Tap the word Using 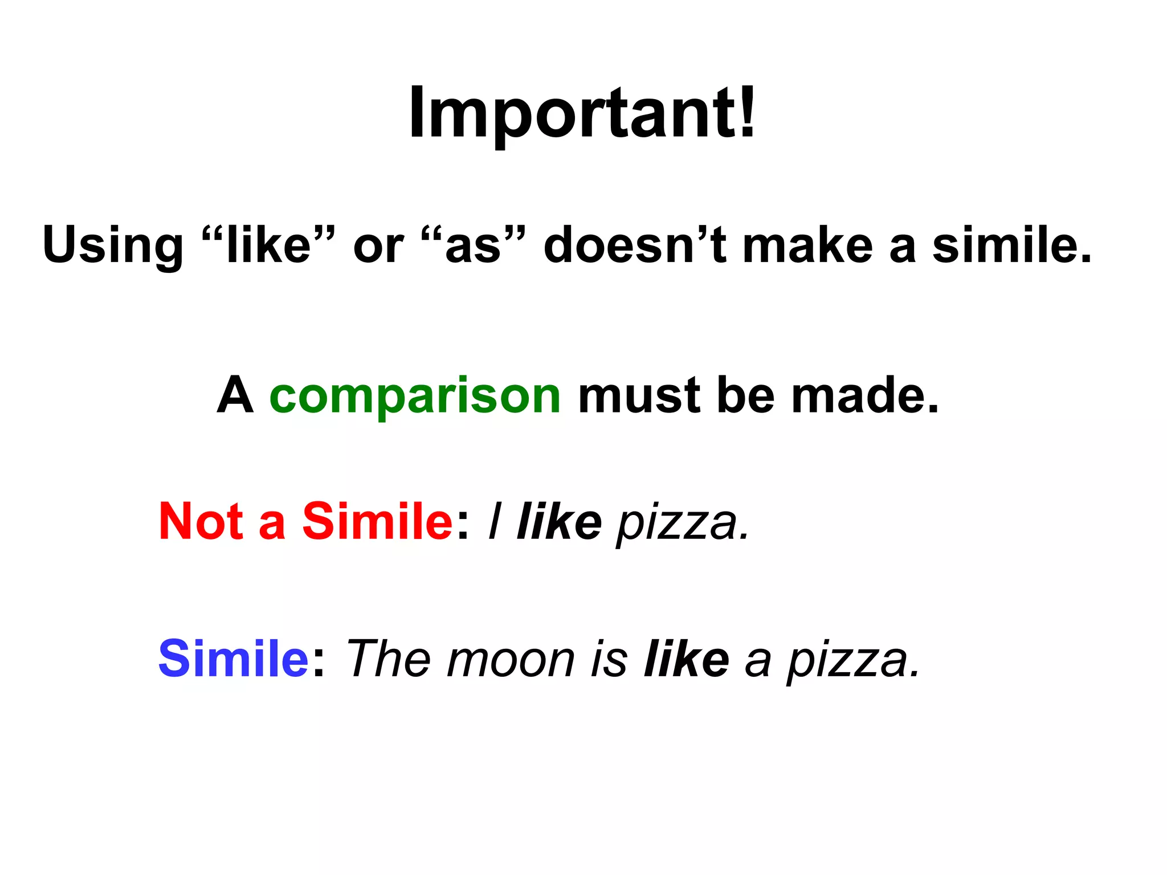[x=112, y=246]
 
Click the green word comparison [x=415, y=396]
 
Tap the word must [x=639, y=395]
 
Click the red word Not [x=200, y=521]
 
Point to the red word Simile [x=377, y=521]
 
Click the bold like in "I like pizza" [x=559, y=522]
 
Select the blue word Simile [x=234, y=659]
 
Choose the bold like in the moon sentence [x=686, y=659]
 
